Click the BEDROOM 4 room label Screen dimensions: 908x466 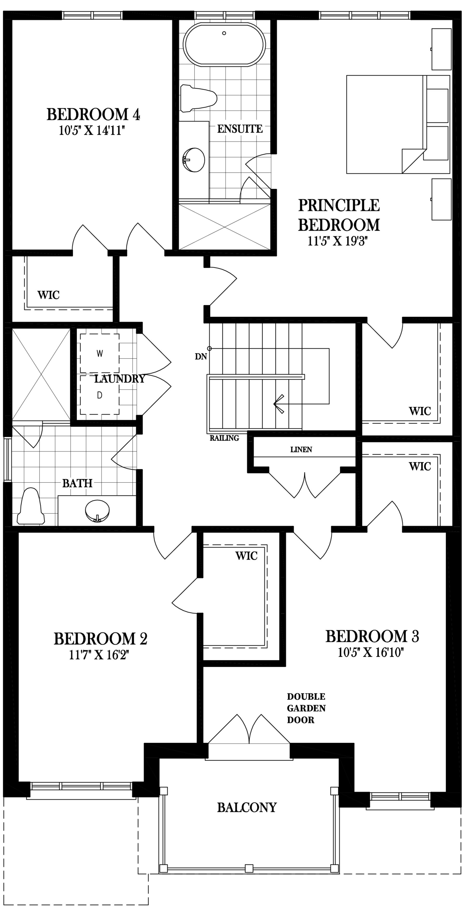93,114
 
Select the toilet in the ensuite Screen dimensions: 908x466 198,98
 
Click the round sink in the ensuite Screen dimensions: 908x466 193,160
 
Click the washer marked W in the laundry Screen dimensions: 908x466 100,353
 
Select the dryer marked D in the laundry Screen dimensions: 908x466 100,395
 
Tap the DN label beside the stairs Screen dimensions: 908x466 201,356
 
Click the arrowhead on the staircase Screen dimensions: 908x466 279,404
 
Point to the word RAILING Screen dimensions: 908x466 224,438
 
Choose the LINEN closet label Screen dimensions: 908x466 301,449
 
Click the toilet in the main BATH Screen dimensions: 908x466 31,507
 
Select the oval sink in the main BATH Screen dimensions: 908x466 97,510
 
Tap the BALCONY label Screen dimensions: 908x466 247,807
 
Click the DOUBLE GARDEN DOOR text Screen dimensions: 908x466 306,708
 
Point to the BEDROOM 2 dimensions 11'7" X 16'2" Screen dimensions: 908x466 99,655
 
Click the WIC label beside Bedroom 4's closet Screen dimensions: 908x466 48,295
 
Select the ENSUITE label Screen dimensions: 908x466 240,129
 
